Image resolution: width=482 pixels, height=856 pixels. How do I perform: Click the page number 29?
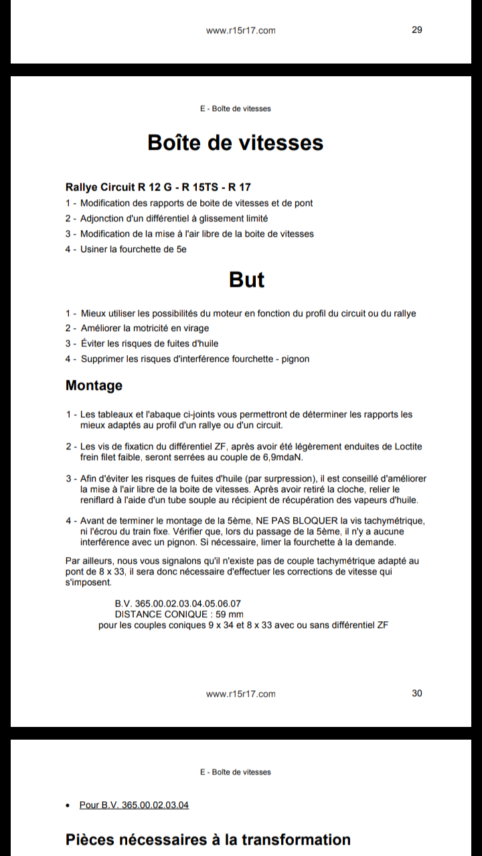416,29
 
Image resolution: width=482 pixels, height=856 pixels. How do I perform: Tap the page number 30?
416,693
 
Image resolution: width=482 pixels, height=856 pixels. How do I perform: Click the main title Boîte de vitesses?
235,142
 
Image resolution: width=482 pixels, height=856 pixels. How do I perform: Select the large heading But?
246,279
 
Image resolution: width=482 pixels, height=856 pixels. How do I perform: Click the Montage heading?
94,385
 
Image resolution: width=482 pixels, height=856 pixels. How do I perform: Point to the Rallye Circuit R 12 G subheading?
158,187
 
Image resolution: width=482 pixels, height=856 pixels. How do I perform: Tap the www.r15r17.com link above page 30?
240,693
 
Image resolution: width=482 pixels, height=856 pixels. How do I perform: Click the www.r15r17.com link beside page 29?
240,30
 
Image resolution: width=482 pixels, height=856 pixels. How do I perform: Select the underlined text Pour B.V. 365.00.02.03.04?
134,805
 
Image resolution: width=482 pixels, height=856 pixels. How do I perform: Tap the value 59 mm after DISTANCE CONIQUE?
230,614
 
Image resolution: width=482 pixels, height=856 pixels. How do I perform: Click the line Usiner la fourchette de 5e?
133,249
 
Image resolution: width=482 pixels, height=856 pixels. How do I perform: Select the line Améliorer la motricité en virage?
145,328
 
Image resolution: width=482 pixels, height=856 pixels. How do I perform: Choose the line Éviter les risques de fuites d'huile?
149,343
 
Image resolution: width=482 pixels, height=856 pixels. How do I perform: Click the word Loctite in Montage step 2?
406,447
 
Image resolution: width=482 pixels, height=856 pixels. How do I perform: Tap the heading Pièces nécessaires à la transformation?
208,839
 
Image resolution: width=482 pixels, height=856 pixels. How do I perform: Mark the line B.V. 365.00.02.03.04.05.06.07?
178,603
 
